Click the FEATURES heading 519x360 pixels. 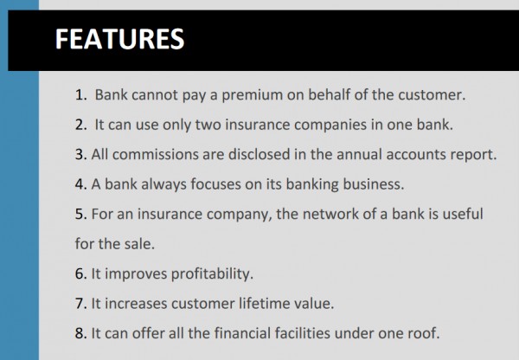click(119, 39)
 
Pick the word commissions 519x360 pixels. click(155, 155)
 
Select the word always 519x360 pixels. click(163, 185)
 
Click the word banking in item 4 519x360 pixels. click(312, 184)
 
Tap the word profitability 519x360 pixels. click(212, 274)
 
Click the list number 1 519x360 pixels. click(80, 95)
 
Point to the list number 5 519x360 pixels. click(80, 215)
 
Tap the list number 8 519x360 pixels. click(80, 333)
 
